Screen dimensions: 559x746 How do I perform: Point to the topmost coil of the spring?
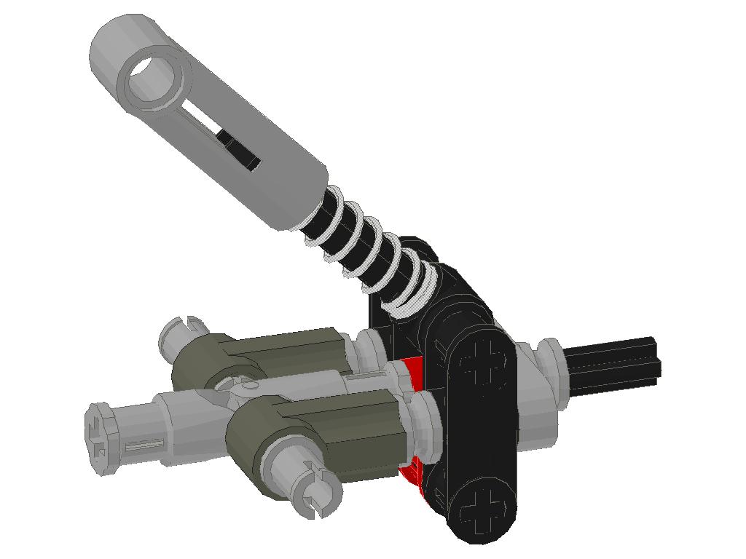(332, 203)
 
